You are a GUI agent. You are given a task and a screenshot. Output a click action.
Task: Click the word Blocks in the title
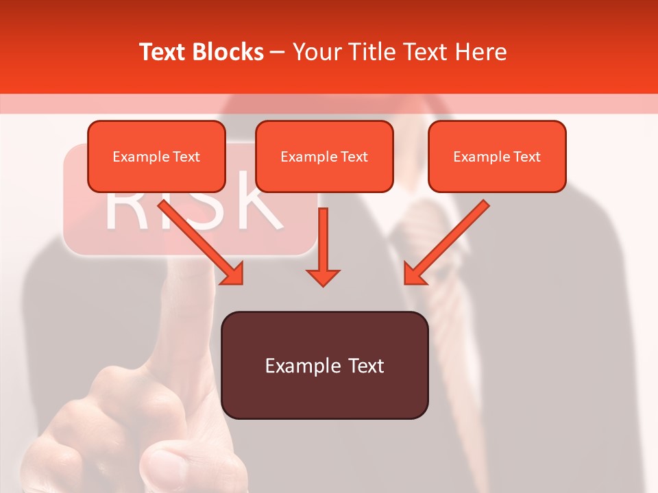click(227, 52)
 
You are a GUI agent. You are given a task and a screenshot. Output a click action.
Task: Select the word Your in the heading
click(318, 52)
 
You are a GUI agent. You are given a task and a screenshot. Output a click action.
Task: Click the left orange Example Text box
click(156, 157)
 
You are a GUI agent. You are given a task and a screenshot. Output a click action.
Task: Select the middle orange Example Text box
click(324, 157)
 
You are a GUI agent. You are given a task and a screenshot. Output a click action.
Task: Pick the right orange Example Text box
click(497, 157)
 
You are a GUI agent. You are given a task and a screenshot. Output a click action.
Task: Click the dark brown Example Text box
click(325, 366)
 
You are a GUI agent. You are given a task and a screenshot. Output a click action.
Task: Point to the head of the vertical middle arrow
click(323, 277)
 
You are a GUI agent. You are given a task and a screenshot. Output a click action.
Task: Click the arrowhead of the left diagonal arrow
click(233, 273)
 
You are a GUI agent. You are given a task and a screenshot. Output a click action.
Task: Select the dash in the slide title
click(278, 53)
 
